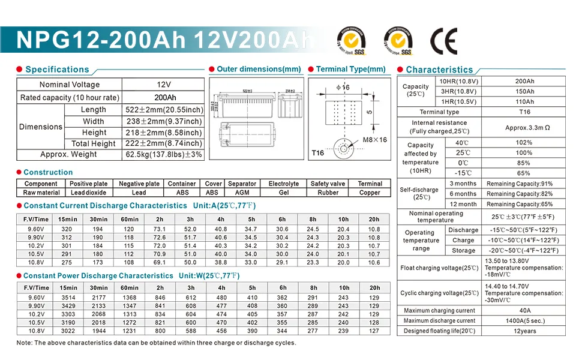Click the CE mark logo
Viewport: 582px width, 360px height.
443,41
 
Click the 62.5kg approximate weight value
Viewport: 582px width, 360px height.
163,155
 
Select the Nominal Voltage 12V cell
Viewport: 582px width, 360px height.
164,85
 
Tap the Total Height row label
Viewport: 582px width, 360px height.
93,143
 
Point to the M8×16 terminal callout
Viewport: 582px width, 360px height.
375,140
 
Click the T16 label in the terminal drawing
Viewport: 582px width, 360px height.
317,153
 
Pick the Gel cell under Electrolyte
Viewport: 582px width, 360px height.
283,193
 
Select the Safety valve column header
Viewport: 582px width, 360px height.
328,184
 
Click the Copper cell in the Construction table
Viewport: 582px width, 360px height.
370,193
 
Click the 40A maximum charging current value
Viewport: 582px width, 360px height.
525,311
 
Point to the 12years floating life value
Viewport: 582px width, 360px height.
525,331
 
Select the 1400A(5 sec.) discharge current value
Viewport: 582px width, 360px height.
525,321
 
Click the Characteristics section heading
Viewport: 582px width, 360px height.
439,70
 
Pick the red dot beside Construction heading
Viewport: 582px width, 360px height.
19,172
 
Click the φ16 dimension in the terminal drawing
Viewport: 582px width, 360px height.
343,88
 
